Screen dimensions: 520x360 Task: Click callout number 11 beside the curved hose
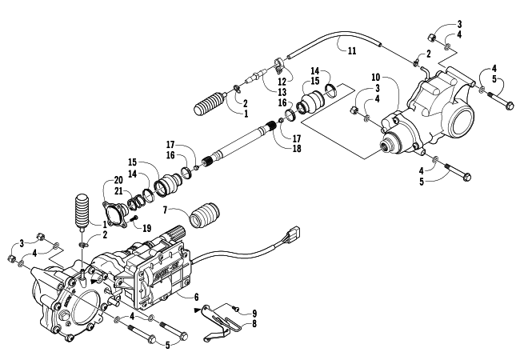[352, 50]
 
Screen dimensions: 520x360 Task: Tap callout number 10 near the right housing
[375, 78]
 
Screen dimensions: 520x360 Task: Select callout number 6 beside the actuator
[196, 297]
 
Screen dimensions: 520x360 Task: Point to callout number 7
[166, 210]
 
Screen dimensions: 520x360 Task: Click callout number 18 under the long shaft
[297, 149]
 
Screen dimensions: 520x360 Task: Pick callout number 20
[118, 180]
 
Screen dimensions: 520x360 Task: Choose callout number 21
[118, 191]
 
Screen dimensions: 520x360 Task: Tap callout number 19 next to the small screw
[146, 228]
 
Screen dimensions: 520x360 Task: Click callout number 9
[254, 314]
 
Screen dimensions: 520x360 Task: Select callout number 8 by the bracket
[254, 323]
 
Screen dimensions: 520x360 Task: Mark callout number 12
[282, 82]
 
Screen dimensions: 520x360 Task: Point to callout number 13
[282, 92]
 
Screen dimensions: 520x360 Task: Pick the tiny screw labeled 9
[236, 309]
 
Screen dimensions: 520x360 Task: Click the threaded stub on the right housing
[386, 146]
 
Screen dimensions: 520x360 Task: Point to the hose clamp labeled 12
[279, 65]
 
